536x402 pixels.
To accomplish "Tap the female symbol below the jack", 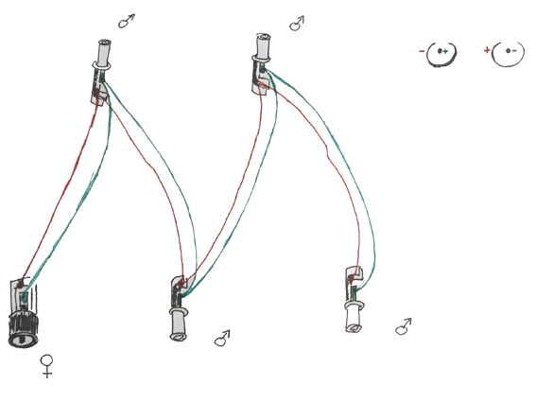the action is click(47, 366).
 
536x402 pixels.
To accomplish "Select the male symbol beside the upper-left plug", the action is click(126, 21).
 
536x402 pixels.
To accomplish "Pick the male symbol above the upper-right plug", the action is click(297, 24).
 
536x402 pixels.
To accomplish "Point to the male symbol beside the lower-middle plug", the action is click(222, 339).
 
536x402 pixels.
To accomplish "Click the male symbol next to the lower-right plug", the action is click(403, 326).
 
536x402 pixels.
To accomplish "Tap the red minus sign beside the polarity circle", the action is click(422, 52).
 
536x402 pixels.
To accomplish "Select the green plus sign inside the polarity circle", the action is click(444, 52).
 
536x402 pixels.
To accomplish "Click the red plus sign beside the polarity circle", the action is click(487, 51).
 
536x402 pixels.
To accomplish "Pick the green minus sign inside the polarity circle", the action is click(514, 51).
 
